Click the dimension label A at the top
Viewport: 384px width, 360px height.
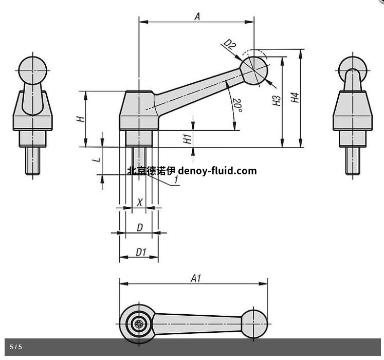[197, 16]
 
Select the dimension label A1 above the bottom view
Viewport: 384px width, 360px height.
[196, 278]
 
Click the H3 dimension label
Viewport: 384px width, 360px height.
[277, 100]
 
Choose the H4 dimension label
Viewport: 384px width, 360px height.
[294, 98]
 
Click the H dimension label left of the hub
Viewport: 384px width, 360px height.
[80, 119]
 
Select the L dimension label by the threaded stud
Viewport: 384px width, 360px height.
[95, 160]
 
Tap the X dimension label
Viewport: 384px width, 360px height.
[139, 203]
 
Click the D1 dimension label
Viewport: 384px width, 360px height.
[141, 252]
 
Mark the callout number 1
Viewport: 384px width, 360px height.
[176, 180]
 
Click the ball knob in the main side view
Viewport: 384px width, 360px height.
[254, 70]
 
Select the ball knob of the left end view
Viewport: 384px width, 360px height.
[32, 69]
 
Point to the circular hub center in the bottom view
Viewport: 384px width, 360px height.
[138, 324]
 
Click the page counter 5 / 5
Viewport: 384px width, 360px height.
[16, 347]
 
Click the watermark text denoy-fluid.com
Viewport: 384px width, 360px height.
[217, 171]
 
